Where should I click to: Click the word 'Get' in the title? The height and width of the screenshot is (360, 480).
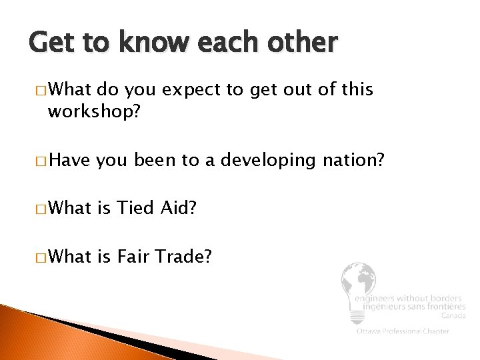coord(52,43)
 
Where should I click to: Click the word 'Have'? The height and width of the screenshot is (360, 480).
coord(70,160)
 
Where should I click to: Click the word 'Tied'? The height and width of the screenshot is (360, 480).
coord(136,208)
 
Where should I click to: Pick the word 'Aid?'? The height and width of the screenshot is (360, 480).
coord(178,208)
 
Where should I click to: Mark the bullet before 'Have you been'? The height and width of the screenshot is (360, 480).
coord(41,161)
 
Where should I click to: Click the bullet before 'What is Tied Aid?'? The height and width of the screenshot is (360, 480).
coord(41,209)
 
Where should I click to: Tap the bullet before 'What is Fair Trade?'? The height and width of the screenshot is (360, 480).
coord(41,256)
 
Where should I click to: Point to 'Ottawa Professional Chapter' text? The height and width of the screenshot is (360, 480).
coord(402,331)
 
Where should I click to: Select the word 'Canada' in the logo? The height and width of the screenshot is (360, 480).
coord(453,316)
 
